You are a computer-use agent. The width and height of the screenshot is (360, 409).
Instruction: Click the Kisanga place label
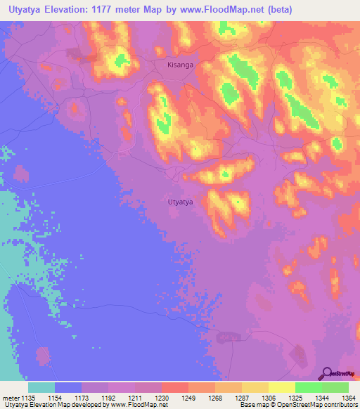tap(180, 65)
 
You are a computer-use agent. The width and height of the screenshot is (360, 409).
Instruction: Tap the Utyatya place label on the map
tap(181, 202)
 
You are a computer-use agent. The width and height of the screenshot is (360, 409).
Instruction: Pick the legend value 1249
tap(188, 398)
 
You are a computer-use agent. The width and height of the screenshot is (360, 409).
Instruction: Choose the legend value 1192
tap(109, 398)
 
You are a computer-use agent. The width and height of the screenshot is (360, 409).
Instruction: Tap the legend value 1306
tap(268, 398)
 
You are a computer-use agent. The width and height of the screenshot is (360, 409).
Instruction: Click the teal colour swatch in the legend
tap(41, 387)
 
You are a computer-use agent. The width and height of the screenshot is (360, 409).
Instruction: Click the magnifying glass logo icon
tap(328, 372)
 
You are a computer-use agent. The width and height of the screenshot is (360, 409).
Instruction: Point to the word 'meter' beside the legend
tap(10, 398)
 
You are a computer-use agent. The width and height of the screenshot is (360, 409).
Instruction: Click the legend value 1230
tap(162, 398)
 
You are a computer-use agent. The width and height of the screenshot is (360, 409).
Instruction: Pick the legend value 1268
tap(215, 398)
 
